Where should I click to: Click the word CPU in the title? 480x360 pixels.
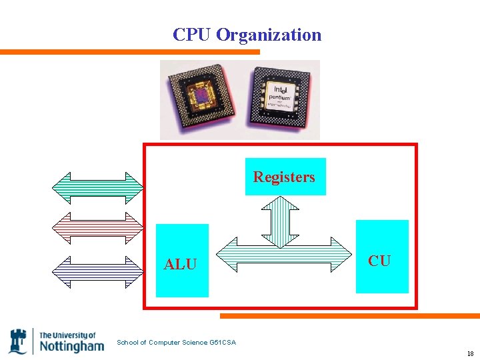191,35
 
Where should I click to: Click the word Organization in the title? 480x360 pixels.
269,35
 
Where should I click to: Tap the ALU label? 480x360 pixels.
181,265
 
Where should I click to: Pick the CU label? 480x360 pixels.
379,261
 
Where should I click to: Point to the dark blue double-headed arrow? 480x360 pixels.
99,271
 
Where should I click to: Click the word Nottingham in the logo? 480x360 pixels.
72,346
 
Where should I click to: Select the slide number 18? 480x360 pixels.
470,354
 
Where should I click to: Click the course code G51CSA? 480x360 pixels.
222,343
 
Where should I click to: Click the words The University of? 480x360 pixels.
67,335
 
